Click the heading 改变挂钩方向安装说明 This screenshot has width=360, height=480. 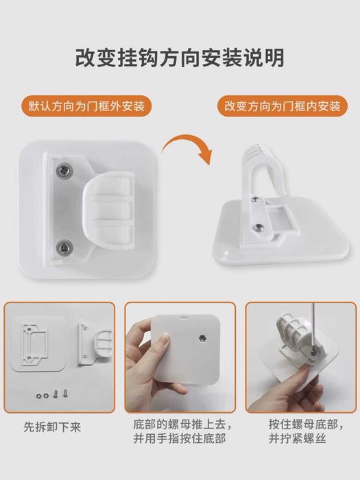click(180, 57)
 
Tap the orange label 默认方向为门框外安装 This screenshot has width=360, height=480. click(86, 106)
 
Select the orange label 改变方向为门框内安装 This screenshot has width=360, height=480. click(283, 106)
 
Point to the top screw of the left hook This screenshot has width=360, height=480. click(65, 169)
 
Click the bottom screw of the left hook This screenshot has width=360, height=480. click(64, 245)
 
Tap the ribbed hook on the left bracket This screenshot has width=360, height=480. click(109, 211)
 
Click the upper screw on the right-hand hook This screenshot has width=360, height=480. click(254, 200)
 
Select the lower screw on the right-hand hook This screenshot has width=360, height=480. click(259, 227)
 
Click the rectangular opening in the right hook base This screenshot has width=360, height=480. click(280, 217)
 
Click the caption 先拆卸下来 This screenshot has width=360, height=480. click(52, 427)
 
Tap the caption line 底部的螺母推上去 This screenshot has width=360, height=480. click(182, 424)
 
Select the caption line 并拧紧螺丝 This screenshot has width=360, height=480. click(297, 438)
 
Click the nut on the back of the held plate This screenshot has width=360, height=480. click(202, 338)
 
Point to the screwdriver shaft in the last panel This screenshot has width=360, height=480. click(312, 328)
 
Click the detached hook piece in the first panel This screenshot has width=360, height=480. click(95, 345)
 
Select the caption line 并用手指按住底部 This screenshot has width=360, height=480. click(180, 438)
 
